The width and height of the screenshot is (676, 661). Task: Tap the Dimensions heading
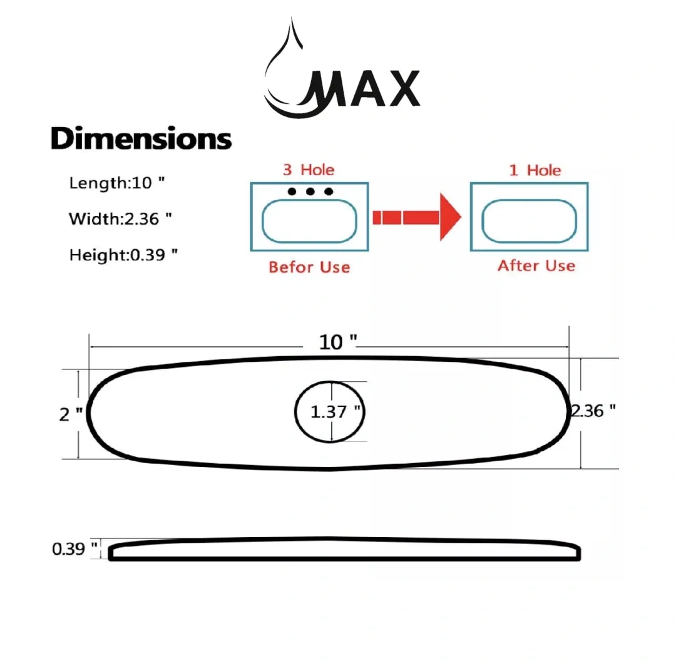[x=141, y=138]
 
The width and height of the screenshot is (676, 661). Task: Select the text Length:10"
[x=117, y=183]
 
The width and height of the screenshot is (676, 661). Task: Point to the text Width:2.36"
[x=120, y=219]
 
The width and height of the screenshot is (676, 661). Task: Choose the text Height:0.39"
[x=119, y=255]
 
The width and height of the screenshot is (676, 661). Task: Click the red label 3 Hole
[x=309, y=170]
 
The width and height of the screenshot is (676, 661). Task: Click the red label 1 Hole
[x=535, y=170]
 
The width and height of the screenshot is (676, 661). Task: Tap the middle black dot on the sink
[x=310, y=191]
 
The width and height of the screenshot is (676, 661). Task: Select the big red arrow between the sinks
[x=416, y=217]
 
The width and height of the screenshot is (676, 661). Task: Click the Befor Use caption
[x=309, y=267]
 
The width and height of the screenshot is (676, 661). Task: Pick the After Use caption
[x=536, y=265]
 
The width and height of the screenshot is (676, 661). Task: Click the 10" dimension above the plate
[x=338, y=342]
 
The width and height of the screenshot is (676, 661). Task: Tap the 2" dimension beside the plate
[x=70, y=414]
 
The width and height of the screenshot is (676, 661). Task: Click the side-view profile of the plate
[x=344, y=550]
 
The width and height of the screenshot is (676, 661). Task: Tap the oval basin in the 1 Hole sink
[x=529, y=221]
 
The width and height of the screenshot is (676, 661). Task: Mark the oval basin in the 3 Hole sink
[x=309, y=222]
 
